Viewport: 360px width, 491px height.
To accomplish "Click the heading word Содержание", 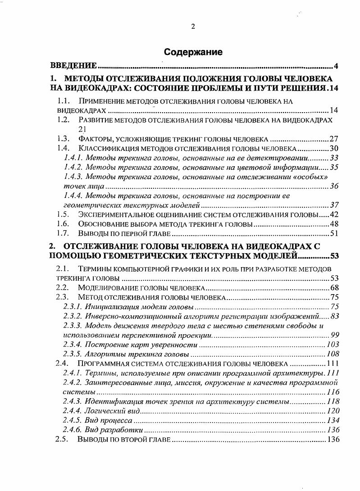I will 193,52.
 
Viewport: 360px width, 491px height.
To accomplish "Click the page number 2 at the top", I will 193,26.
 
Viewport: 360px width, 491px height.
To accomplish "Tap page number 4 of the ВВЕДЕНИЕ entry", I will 336,67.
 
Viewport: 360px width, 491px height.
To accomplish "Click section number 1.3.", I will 63,139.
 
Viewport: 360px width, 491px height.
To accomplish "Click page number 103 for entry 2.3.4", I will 332,345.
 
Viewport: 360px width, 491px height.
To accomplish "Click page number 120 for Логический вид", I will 332,411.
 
